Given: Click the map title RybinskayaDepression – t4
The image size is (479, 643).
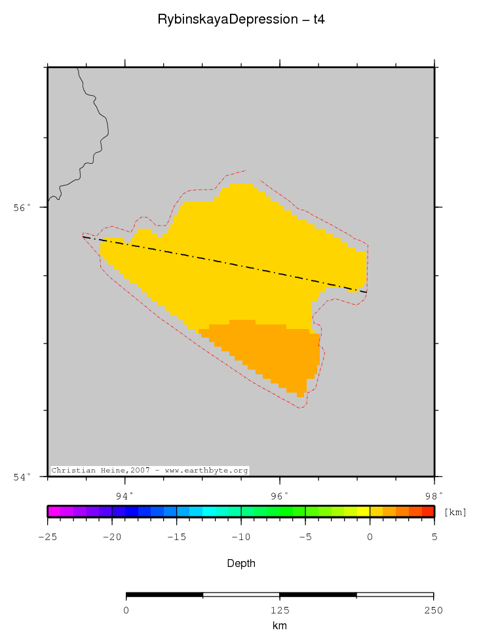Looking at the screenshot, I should pyautogui.click(x=240, y=20).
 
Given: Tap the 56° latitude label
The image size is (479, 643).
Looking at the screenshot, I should pyautogui.click(x=23, y=208).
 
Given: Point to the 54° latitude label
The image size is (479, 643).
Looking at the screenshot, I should pyautogui.click(x=23, y=477).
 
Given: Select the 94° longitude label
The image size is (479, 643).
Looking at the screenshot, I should pyautogui.click(x=125, y=495).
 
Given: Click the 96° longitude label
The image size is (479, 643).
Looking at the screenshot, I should pyautogui.click(x=280, y=495).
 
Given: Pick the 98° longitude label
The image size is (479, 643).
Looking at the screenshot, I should pyautogui.click(x=434, y=495).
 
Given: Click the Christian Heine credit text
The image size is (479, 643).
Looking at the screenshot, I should pyautogui.click(x=149, y=471).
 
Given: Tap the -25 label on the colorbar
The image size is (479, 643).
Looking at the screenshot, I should pyautogui.click(x=47, y=537).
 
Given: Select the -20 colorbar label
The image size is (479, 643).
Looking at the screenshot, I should pyautogui.click(x=111, y=537).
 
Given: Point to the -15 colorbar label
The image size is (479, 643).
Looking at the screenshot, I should pyautogui.click(x=176, y=537).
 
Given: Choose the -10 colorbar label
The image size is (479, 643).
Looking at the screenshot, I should pyautogui.click(x=240, y=537).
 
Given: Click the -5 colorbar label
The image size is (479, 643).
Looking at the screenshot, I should pyautogui.click(x=305, y=537).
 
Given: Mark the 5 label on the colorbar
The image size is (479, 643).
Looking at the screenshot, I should pyautogui.click(x=434, y=537).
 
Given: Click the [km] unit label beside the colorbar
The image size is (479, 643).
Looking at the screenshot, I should pyautogui.click(x=455, y=512).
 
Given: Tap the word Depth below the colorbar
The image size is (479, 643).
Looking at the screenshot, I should pyautogui.click(x=240, y=564).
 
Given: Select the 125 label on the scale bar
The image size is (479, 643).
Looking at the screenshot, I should pyautogui.click(x=280, y=610).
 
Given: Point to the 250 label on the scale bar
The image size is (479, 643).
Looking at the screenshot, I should pyautogui.click(x=433, y=610).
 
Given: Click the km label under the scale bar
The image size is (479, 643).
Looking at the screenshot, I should pyautogui.click(x=280, y=626).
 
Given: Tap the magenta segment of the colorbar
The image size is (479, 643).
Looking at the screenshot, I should pyautogui.click(x=54, y=512).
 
